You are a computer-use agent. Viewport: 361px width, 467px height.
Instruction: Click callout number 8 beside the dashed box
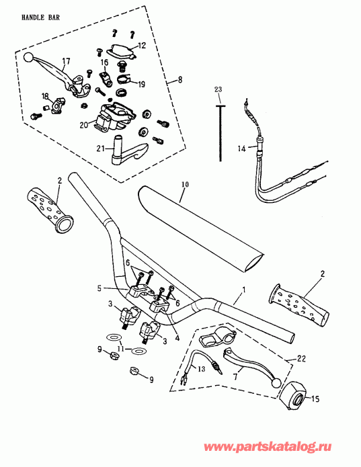pyautogui.click(x=179, y=80)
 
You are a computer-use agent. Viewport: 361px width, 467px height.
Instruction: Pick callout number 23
pyautogui.click(x=217, y=89)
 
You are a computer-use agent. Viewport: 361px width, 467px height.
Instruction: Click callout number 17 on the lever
pyautogui.click(x=65, y=61)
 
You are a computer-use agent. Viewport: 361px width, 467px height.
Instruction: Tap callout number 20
pyautogui.click(x=83, y=124)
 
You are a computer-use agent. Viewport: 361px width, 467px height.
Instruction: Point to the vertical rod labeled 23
pyautogui.click(x=220, y=134)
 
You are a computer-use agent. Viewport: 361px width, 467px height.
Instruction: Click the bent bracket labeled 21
pyautogui.click(x=131, y=151)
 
